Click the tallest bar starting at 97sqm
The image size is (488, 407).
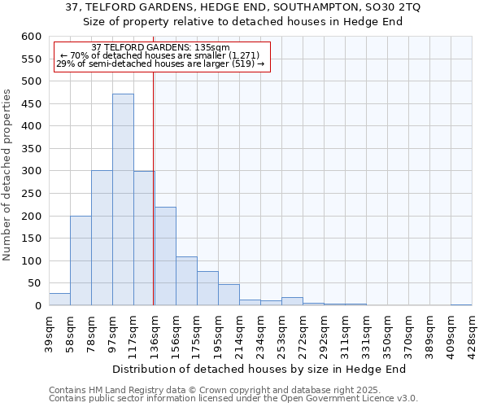pyautogui.click(x=123, y=199)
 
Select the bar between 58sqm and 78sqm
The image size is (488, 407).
pyautogui.click(x=81, y=260)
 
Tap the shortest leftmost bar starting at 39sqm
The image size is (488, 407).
pyautogui.click(x=59, y=299)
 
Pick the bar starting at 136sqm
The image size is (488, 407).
pyautogui.click(x=165, y=256)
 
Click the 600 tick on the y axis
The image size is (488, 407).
pyautogui.click(x=30, y=37)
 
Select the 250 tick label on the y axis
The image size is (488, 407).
pyautogui.click(x=30, y=194)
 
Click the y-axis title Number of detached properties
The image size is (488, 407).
pyautogui.click(x=7, y=175)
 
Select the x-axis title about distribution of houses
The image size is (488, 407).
pyautogui.click(x=259, y=369)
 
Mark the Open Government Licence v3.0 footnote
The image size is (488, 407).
pyautogui.click(x=233, y=398)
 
